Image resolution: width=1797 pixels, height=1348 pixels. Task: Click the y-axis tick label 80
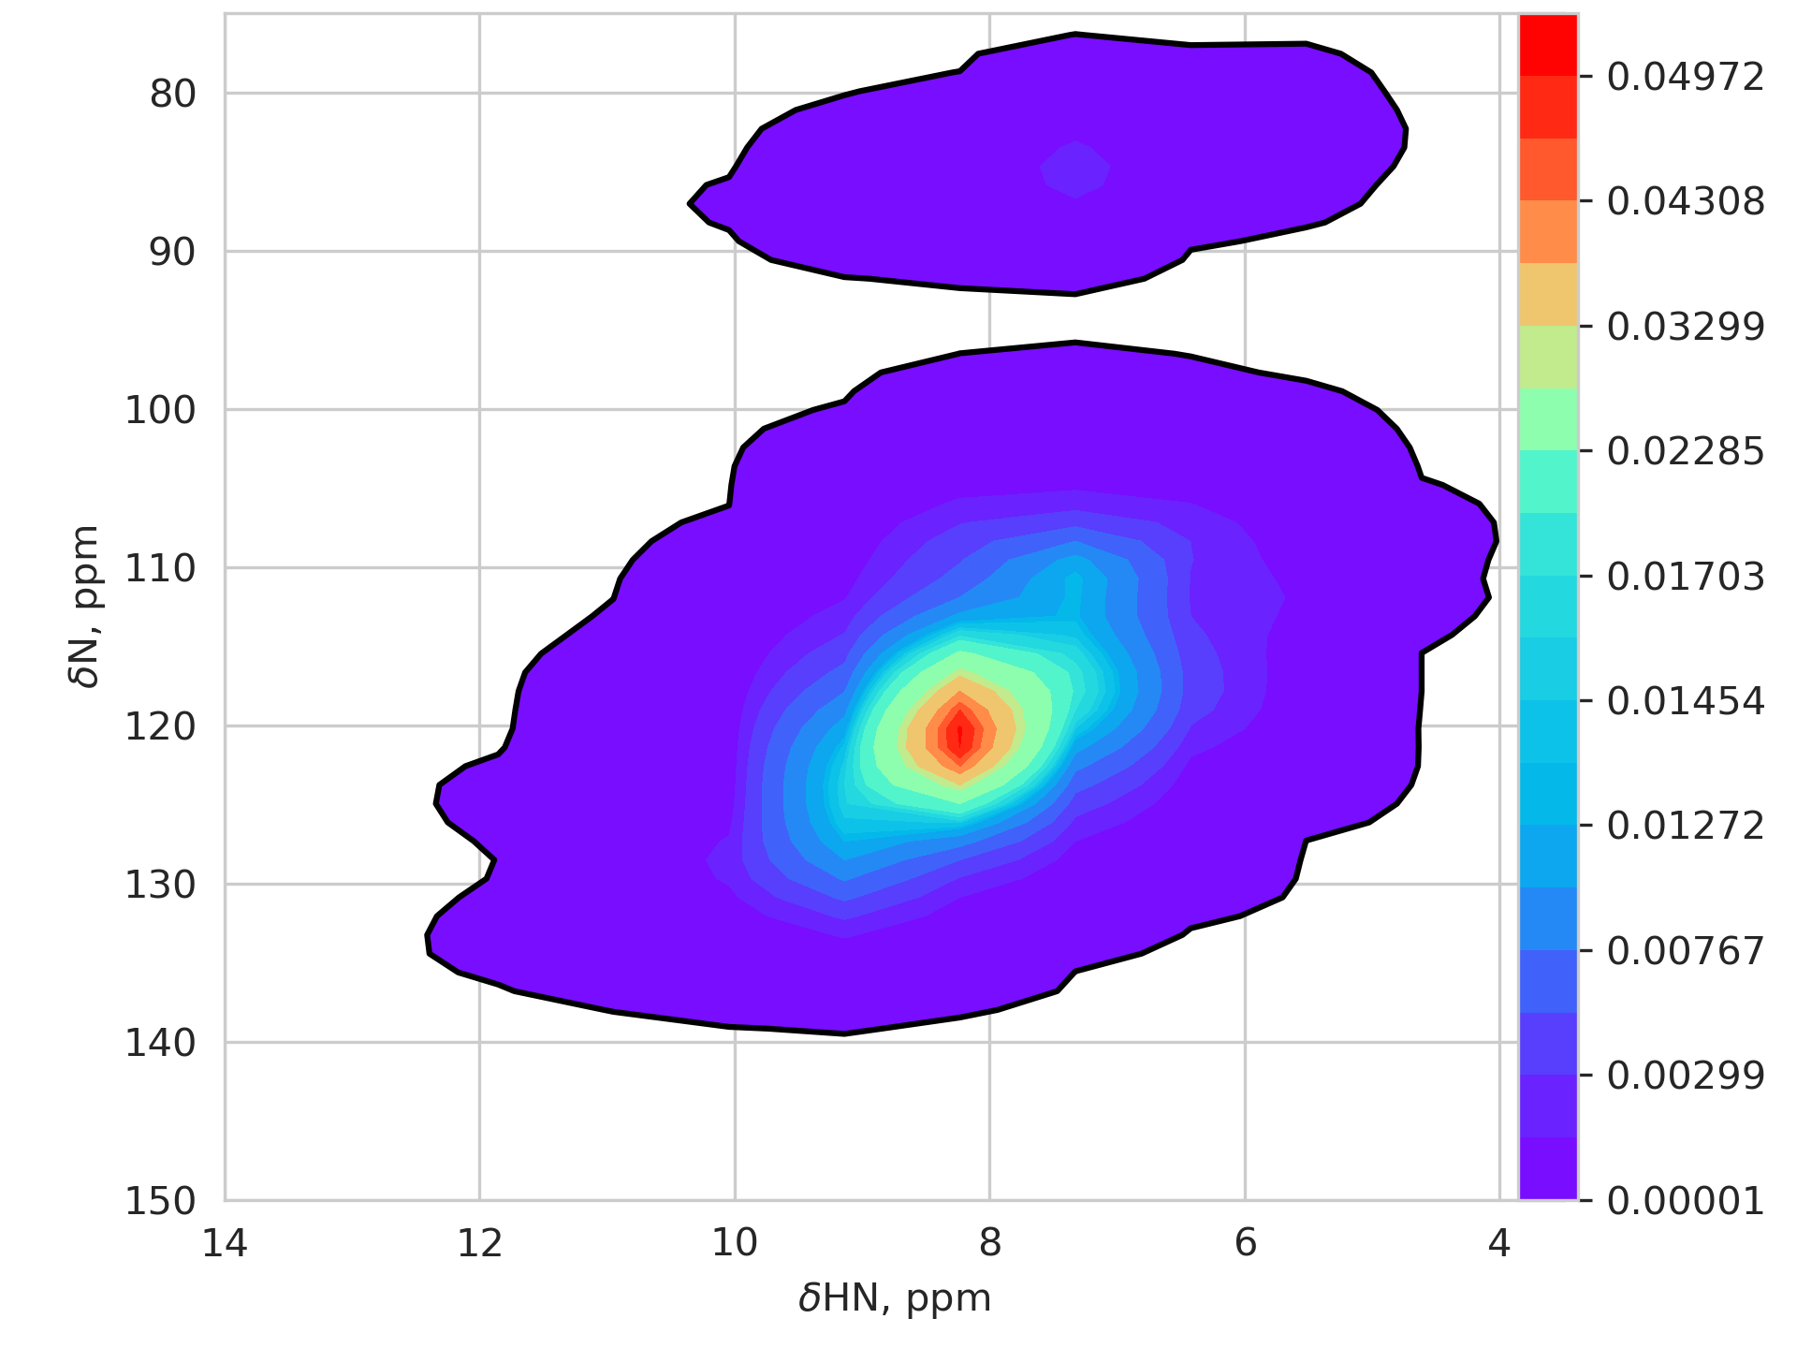click(x=172, y=95)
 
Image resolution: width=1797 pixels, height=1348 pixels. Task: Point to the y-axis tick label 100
click(x=160, y=410)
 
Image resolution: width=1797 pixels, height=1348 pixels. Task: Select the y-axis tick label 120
click(x=160, y=726)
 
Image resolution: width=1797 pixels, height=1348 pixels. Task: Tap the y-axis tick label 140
click(x=160, y=1043)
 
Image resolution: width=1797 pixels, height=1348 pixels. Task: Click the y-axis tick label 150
click(x=160, y=1201)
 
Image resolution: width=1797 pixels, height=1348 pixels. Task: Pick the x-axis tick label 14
click(x=225, y=1243)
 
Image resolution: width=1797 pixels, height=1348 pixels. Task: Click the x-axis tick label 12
click(x=479, y=1243)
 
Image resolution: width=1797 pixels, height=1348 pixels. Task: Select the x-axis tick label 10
click(x=735, y=1243)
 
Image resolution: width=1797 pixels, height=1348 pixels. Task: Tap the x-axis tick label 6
click(x=1245, y=1243)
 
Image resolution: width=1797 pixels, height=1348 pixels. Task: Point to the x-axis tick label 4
click(x=1499, y=1243)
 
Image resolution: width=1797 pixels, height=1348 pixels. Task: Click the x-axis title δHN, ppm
click(x=895, y=1299)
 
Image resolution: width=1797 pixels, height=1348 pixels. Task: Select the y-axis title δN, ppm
click(x=85, y=607)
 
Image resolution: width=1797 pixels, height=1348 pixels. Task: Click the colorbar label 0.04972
click(x=1685, y=78)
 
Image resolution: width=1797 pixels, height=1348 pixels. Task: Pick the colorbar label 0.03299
click(x=1685, y=328)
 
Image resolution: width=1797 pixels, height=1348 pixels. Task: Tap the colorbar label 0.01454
click(x=1685, y=702)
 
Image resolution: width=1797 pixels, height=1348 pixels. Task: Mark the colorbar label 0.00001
click(x=1685, y=1201)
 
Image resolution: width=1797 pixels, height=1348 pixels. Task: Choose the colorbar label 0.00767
click(x=1685, y=951)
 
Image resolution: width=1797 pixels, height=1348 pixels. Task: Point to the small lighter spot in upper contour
click(x=1075, y=168)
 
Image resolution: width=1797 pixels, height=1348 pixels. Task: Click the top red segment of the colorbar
click(x=1548, y=45)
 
